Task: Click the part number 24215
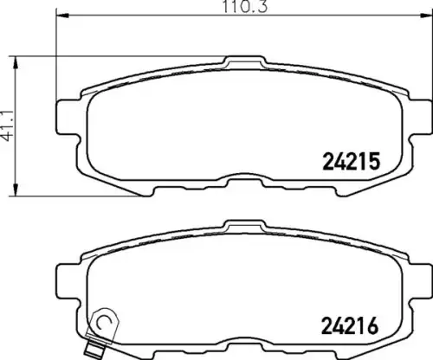click(x=351, y=161)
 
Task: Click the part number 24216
click(x=350, y=325)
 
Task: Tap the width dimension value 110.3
click(x=245, y=6)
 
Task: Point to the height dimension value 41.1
click(x=8, y=126)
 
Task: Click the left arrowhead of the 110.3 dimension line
click(x=62, y=15)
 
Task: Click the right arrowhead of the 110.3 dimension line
click(x=426, y=15)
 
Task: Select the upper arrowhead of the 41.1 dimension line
click(x=16, y=62)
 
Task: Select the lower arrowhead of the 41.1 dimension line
click(x=16, y=190)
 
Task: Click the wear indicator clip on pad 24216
click(x=103, y=326)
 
